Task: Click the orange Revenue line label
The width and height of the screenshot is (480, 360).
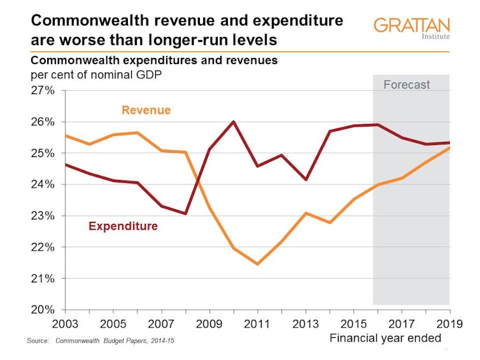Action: (146, 110)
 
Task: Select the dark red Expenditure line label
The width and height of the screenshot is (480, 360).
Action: (123, 226)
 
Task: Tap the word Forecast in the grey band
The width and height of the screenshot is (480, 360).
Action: (407, 85)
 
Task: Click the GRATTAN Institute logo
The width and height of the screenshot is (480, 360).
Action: (412, 29)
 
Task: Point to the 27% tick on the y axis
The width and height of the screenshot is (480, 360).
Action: (43, 90)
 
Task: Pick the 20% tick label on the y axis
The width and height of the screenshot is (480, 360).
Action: (43, 310)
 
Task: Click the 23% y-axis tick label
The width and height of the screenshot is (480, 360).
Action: (43, 216)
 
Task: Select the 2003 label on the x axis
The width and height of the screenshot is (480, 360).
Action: (65, 324)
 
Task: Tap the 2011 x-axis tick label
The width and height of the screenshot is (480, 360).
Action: (257, 324)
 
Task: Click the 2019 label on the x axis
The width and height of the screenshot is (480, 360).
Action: (449, 324)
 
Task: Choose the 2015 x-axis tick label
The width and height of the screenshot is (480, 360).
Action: (353, 324)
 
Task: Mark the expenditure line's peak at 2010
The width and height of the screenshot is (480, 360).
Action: (234, 121)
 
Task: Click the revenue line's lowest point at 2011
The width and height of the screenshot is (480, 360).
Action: (257, 264)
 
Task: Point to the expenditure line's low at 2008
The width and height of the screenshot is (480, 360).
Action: (185, 213)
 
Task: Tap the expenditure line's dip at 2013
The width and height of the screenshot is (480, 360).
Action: (306, 179)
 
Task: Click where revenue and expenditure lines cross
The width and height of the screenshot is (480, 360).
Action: (198, 183)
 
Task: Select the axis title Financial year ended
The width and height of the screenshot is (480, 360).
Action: (385, 338)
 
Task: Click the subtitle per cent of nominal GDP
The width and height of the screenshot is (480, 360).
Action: (96, 75)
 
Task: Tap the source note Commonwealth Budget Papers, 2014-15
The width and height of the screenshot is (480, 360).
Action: (115, 341)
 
